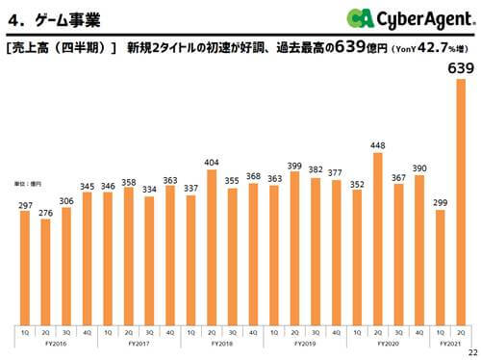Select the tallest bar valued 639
tap(461, 201)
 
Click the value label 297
tap(25, 204)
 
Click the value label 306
tap(67, 200)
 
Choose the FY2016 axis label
tap(57, 343)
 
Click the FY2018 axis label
tap(222, 343)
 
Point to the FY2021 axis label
tap(450, 343)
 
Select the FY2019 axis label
tap(305, 343)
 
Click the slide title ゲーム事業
tap(58, 17)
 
